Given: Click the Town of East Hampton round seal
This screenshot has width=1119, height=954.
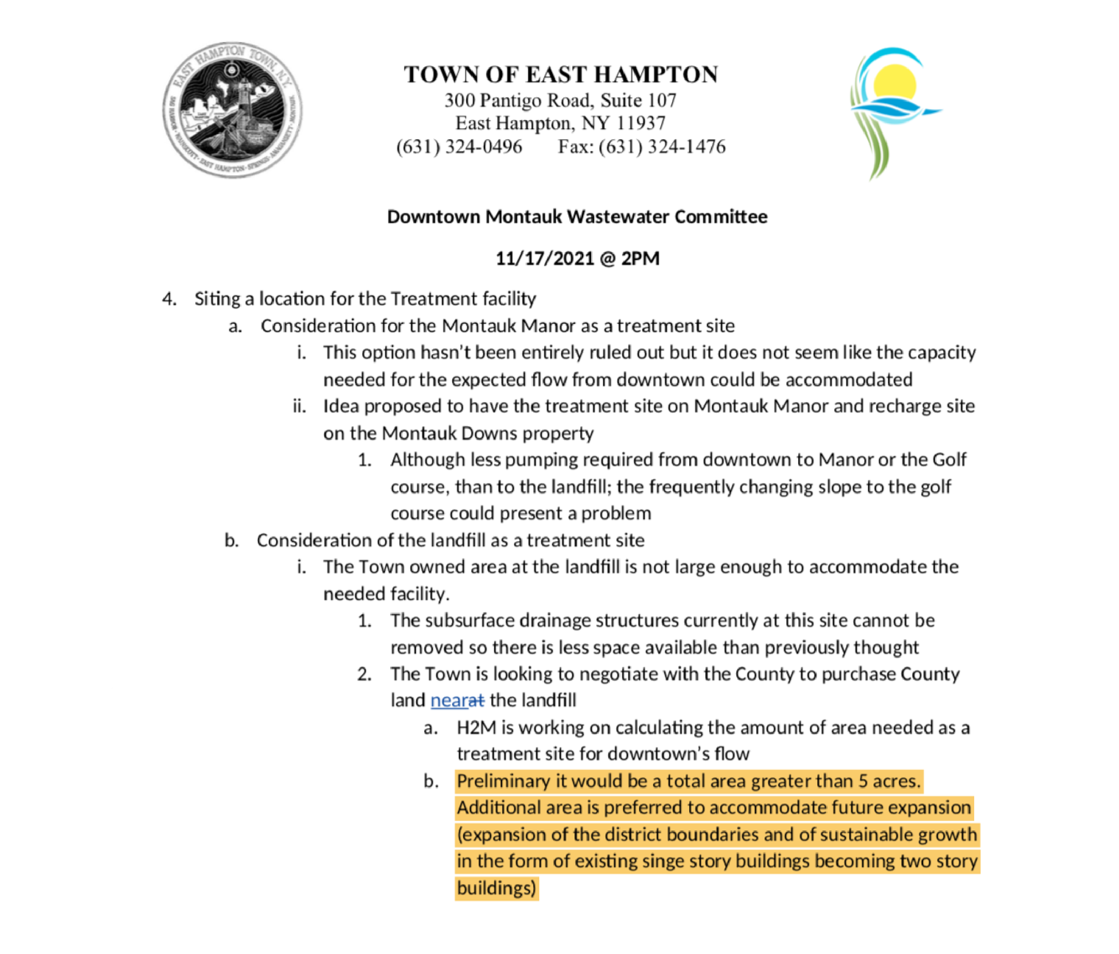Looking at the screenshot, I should [232, 110].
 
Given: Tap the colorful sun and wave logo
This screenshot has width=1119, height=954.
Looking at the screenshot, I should [892, 110].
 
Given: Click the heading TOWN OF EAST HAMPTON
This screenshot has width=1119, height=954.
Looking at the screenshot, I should [560, 74].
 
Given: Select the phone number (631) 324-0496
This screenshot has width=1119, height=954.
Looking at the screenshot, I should [459, 146].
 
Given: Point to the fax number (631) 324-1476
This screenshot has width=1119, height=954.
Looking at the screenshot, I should [662, 146].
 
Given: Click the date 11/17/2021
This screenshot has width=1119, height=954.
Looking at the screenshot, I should [544, 258].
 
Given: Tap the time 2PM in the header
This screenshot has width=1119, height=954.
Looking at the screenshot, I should [640, 258].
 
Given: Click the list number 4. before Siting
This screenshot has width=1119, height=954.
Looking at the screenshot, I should [169, 299].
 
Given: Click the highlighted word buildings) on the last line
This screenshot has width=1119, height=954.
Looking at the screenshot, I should [495, 888].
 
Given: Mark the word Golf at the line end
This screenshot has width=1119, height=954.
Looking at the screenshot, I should [949, 459].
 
